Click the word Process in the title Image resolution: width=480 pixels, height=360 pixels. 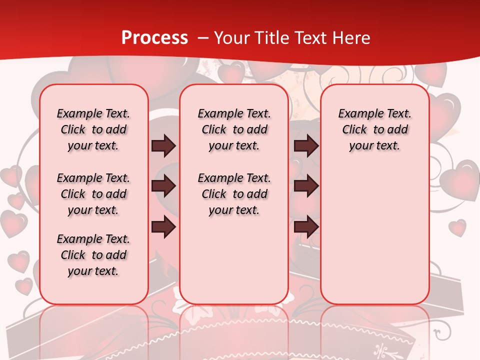tap(154, 38)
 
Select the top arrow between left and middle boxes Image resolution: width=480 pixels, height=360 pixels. tap(163, 145)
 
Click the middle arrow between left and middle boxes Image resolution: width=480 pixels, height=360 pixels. tap(163, 186)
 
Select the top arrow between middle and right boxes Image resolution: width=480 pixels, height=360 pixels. tap(306, 145)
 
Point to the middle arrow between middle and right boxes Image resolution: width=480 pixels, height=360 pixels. tap(306, 186)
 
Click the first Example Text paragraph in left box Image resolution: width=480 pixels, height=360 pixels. tap(93, 129)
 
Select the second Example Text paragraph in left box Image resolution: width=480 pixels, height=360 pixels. tap(93, 194)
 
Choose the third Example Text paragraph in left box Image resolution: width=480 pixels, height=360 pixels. tap(93, 255)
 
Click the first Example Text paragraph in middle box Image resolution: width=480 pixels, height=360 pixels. tap(234, 129)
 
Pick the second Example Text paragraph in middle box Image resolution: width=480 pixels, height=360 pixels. tap(234, 194)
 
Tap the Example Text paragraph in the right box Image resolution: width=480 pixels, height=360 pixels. tap(374, 129)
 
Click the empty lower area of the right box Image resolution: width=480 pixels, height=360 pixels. tap(374, 235)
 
